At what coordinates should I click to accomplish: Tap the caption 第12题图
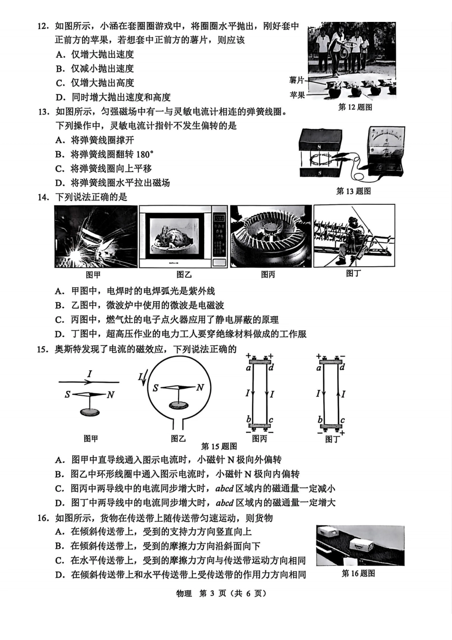tap(355, 107)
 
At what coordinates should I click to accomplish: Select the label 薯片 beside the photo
tap(296, 80)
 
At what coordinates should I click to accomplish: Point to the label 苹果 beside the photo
tap(297, 95)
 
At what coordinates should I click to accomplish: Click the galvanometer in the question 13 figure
tap(385, 150)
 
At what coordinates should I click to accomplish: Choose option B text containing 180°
tap(112, 154)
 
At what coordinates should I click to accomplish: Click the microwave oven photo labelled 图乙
tap(183, 237)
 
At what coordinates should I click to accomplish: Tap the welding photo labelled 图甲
tap(96, 237)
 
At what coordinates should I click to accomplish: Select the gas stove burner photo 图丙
tap(271, 237)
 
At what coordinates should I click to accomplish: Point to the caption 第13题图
tap(354, 191)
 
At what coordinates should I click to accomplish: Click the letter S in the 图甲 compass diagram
tap(68, 395)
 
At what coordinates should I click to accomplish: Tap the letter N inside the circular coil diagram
tap(200, 388)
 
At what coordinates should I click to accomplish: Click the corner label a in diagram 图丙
tap(248, 368)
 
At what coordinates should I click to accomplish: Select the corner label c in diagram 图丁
tap(342, 420)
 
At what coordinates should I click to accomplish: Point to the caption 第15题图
tap(219, 446)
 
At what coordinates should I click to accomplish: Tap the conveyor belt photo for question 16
tap(360, 546)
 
